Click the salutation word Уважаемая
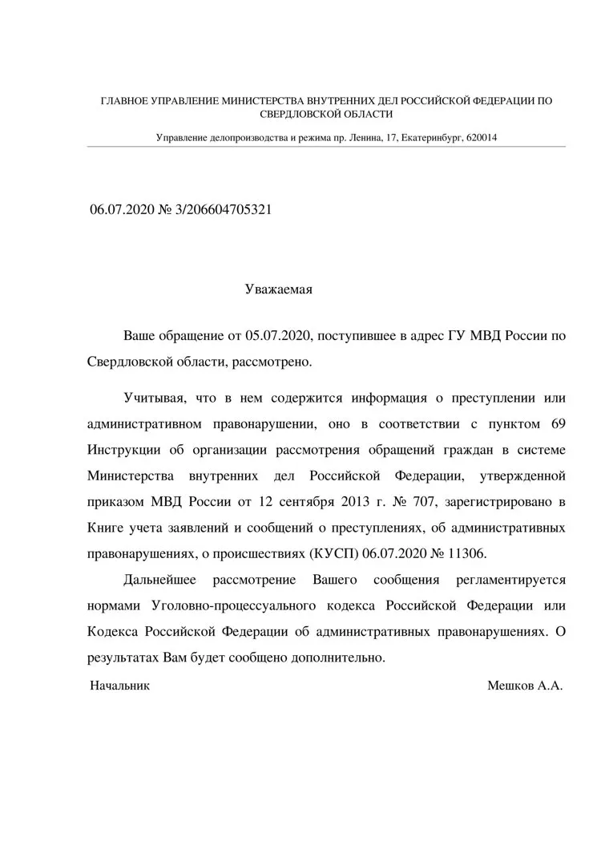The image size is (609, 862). (278, 289)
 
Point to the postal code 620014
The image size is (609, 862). (482, 137)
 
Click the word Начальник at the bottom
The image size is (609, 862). (119, 686)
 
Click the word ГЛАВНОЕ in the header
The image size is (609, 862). (125, 101)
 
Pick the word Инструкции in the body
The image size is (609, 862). (124, 450)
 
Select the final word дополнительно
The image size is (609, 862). (340, 658)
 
